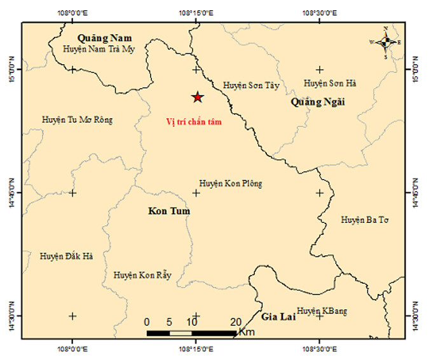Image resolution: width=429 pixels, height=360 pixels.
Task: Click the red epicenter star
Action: [198, 97]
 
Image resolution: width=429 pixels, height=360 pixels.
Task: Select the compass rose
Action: [386, 43]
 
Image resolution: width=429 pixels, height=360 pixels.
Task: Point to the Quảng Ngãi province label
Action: [317, 102]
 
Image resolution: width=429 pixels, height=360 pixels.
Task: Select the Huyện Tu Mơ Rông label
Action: [77, 119]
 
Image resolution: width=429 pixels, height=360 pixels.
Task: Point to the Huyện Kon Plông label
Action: [230, 183]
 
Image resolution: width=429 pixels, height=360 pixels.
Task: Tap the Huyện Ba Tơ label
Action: [365, 220]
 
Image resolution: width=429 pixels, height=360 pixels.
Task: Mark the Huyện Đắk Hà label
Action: [67, 256]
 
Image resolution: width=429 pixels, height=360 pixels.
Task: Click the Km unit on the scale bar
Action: [247, 332]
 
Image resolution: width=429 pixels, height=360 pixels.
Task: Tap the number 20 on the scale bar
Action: [235, 321]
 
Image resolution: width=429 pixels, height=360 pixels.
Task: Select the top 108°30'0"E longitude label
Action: [319, 12]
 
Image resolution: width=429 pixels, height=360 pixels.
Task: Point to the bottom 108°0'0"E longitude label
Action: [72, 349]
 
